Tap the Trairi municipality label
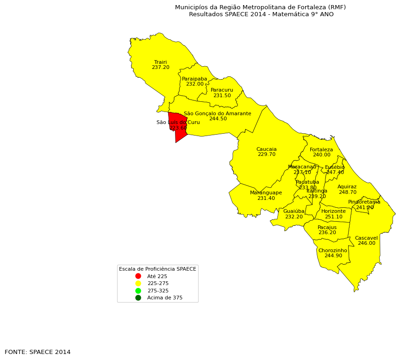pos(161,62)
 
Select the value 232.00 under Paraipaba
pos(194,84)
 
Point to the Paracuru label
pos(222,90)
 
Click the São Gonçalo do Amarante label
pos(218,113)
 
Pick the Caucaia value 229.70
pos(266,155)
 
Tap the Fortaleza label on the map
pos(321,149)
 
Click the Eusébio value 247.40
pos(335,173)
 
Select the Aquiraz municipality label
pos(347,187)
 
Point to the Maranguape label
pos(266,193)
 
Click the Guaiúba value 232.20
pos(294,217)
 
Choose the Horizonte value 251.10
pos(333,217)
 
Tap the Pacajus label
pos(327,227)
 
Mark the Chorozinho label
pos(332,250)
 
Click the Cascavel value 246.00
pos(366,243)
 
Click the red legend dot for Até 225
pos(138,276)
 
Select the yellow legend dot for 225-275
pos(138,283)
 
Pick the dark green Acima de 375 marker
pos(138,298)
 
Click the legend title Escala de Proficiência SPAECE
pos(157,269)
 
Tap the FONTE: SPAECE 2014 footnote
pos(38,352)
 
